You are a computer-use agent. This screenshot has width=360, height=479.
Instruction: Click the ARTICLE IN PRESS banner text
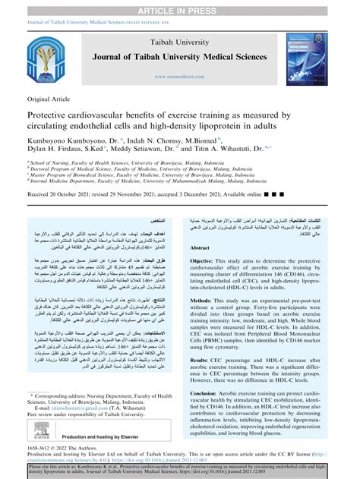tap(180, 6)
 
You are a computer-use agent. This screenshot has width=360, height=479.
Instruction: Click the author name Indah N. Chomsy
tap(156, 141)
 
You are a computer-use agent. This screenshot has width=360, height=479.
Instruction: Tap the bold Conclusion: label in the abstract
tap(210, 393)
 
